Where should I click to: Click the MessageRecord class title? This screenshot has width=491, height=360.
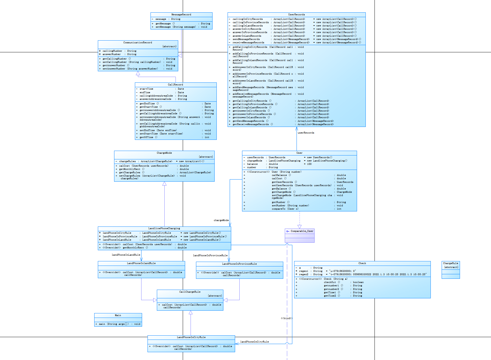(181, 14)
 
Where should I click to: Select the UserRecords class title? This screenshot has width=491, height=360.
(297, 14)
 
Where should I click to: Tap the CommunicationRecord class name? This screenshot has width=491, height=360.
(138, 42)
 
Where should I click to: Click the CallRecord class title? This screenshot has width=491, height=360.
(176, 85)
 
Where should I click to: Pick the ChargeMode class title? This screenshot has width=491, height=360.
(164, 153)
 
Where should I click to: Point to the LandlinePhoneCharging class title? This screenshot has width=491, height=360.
(164, 228)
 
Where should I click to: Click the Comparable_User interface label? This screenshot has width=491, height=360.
(302, 231)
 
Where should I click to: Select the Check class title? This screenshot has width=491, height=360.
(362, 263)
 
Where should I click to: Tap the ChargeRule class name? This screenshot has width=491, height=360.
(451, 263)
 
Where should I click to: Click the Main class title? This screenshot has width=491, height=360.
(118, 315)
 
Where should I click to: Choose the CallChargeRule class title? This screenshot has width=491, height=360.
(190, 292)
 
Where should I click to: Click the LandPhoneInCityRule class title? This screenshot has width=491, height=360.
(191, 337)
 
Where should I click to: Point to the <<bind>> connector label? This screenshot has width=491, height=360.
(287, 318)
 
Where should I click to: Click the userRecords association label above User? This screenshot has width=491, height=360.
(306, 133)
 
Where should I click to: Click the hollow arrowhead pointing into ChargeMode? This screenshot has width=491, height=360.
(164, 183)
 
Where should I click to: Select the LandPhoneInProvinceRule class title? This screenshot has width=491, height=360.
(239, 264)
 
